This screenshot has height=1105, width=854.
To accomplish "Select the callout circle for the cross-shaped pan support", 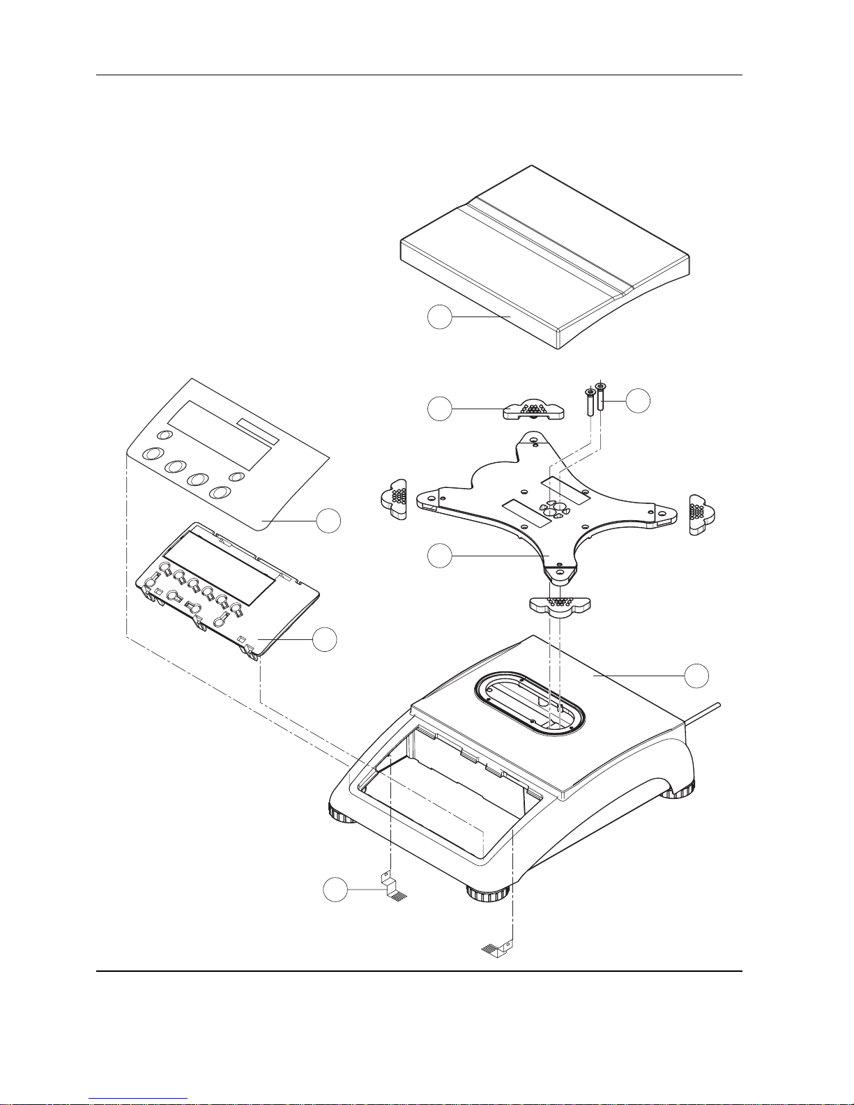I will (439, 556).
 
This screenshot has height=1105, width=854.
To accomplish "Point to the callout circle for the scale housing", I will (696, 675).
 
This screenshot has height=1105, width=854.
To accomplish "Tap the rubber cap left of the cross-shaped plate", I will (394, 499).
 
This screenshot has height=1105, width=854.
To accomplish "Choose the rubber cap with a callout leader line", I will (534, 411).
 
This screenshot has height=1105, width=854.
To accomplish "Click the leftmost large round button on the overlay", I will (151, 454).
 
